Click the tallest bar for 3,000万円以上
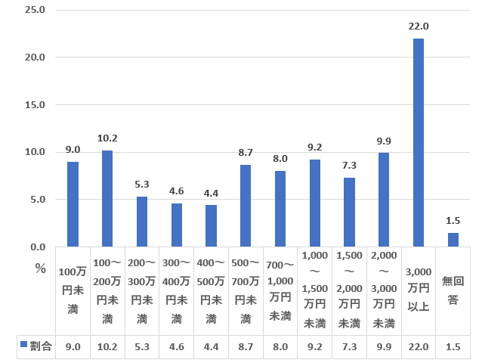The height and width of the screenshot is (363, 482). (418, 142)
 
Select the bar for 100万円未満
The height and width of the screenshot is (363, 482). (73, 204)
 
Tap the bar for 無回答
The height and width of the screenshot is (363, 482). (453, 239)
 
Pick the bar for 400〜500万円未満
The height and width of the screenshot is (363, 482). (211, 225)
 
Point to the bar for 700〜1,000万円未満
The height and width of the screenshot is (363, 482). (280, 209)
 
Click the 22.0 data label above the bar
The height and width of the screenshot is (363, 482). (418, 26)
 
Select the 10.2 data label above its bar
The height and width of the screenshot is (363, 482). (107, 138)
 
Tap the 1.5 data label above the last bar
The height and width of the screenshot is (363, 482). (453, 220)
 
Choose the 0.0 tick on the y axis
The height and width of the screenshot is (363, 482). (37, 247)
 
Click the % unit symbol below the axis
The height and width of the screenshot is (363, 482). (41, 268)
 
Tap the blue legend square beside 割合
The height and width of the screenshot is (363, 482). (23, 346)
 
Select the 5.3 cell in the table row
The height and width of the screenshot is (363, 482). (142, 346)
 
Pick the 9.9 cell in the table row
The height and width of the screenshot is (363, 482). (383, 346)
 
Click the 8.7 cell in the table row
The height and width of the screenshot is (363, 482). (245, 346)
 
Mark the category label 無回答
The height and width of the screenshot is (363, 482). (453, 290)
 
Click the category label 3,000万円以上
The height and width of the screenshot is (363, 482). (418, 290)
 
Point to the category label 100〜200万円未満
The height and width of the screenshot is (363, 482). (107, 290)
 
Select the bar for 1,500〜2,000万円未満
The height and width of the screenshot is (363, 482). (349, 212)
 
